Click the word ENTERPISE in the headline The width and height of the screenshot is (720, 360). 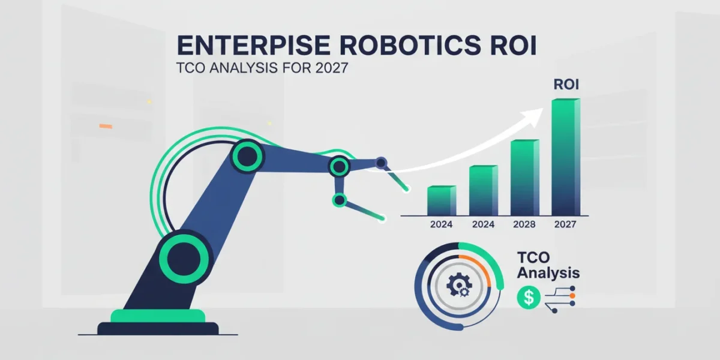coord(254,46)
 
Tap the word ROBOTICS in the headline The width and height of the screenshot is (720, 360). coord(410,46)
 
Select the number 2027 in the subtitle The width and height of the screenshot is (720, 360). coord(331,68)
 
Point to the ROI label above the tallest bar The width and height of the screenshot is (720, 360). coord(566,85)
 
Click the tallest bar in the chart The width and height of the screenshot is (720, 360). coord(566,157)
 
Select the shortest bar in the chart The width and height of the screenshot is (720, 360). coord(442,200)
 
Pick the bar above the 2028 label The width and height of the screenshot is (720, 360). coord(525,178)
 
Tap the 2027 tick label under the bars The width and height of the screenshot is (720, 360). coord(565,224)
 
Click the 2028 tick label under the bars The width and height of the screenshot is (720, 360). coord(524,224)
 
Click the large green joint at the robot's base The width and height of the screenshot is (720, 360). coord(184,259)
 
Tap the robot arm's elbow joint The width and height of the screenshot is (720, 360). coord(247,157)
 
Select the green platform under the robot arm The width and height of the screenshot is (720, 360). coord(158,316)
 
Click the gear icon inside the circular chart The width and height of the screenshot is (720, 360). coord(460,285)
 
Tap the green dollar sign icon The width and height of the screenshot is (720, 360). coord(529,298)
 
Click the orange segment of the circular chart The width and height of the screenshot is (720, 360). coord(481,267)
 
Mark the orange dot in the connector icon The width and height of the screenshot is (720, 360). coord(572,296)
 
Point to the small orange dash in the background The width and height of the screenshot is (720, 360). coord(106,127)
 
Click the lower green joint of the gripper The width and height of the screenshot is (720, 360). coord(340,200)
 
